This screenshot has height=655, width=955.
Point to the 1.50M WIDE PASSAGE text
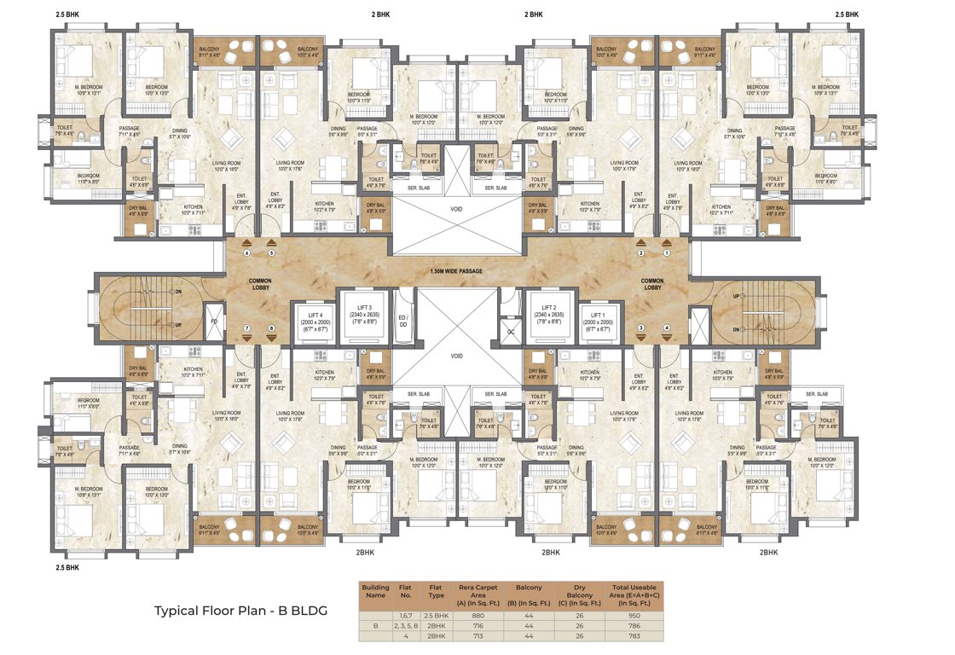[x=457, y=271]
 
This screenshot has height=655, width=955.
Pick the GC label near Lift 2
[x=511, y=331]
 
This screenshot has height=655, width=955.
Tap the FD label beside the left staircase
[x=213, y=323]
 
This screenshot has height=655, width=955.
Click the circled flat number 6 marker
[x=247, y=253]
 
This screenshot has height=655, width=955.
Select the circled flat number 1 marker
[x=668, y=253]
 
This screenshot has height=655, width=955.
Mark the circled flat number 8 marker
[x=272, y=327]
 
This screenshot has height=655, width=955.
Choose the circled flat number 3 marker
[x=640, y=327]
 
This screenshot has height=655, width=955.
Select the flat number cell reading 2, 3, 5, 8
[x=406, y=625]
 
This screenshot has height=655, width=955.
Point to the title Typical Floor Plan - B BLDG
[x=240, y=611]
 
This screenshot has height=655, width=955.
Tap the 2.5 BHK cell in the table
[x=436, y=614]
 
